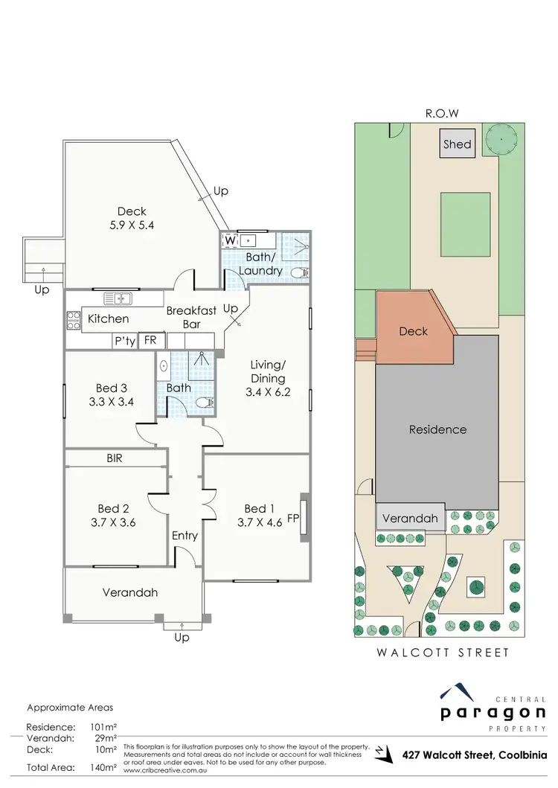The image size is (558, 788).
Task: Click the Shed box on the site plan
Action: pos(457,144)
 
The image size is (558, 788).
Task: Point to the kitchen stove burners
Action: pos(74,320)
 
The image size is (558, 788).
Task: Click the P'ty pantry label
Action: pos(123,341)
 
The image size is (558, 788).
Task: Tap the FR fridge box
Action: pos(150,341)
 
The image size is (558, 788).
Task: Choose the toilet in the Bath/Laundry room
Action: pos(299,272)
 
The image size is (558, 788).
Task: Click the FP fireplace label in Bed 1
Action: pos(293,519)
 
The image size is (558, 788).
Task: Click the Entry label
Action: pos(185,535)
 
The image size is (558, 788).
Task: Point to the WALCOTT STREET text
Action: pos(445,653)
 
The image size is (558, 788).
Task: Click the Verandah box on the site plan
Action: pos(410,518)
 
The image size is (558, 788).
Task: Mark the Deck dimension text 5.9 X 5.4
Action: pos(135,224)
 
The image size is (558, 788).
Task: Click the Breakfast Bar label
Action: pos(192,318)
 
